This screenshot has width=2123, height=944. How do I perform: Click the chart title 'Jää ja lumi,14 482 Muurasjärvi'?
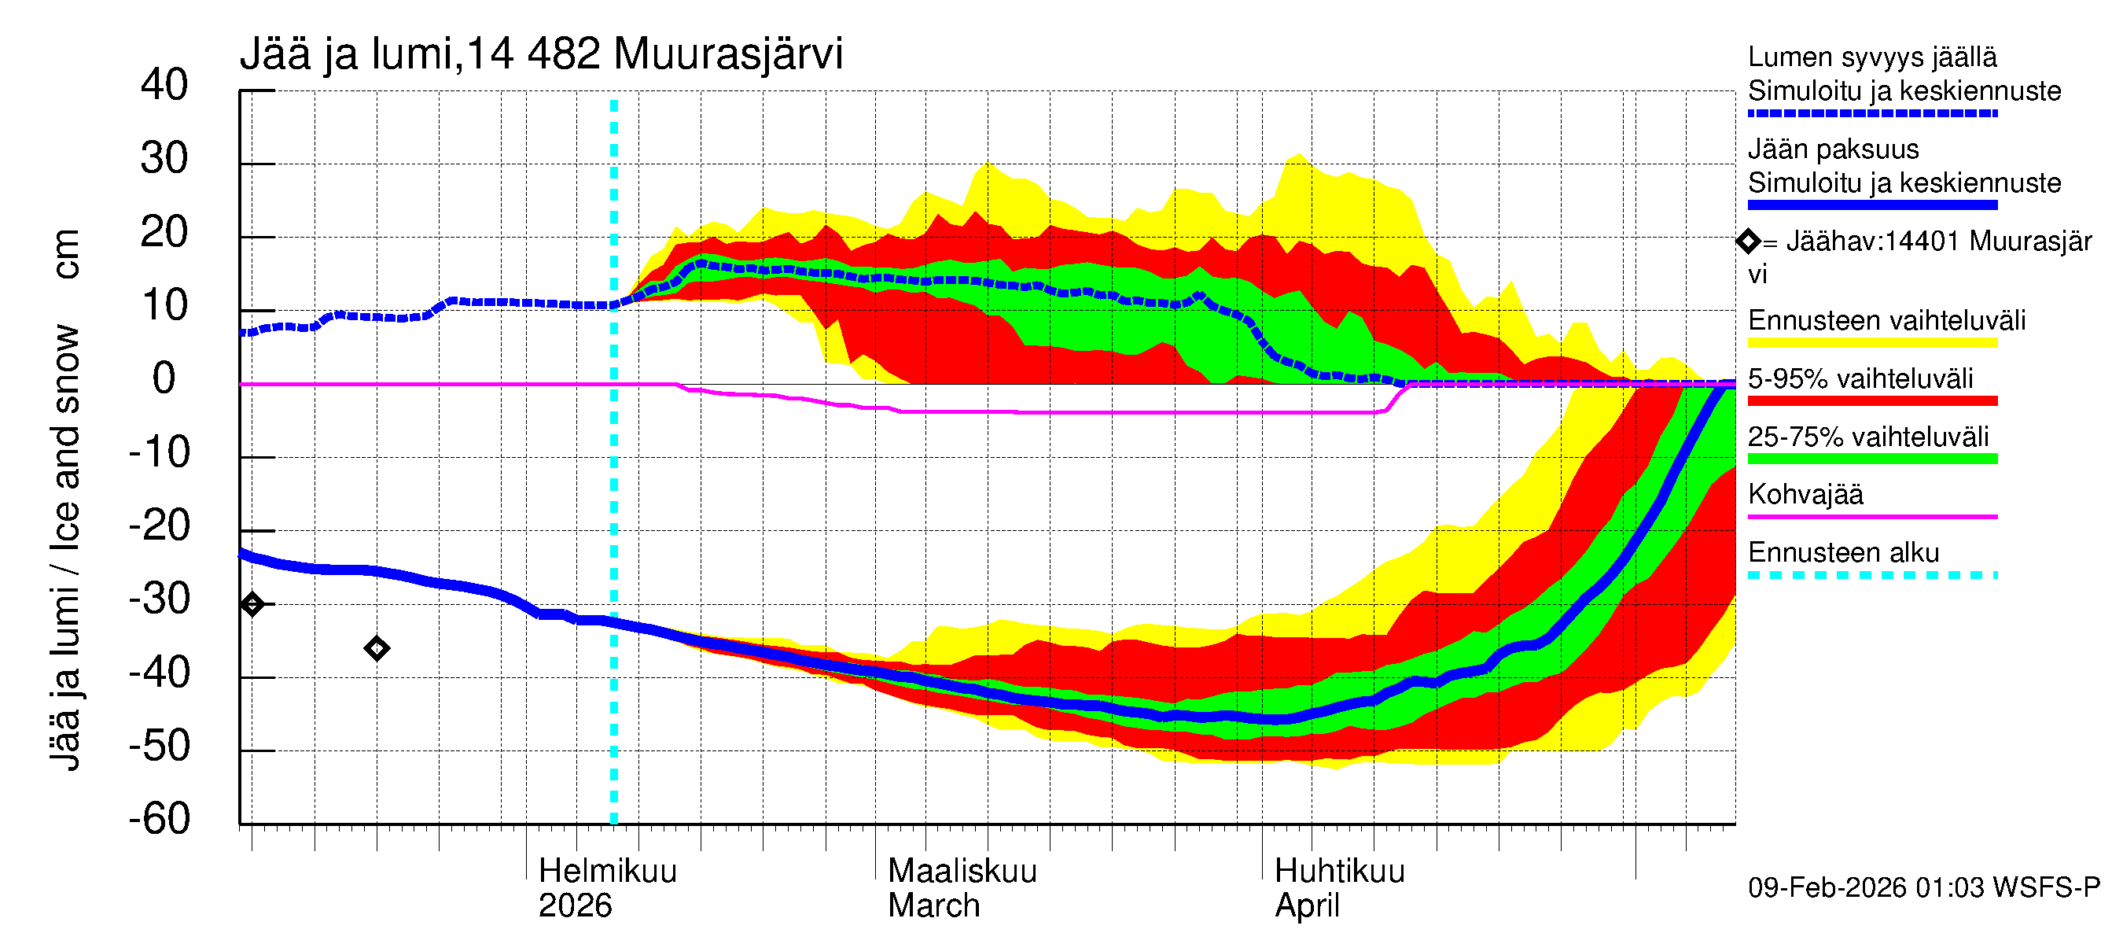(541, 54)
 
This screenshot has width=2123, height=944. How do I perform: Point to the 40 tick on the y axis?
(164, 85)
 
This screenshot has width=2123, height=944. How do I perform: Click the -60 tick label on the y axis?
(159, 819)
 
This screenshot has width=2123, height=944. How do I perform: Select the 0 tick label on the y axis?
(164, 378)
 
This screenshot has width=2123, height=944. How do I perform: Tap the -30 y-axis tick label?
(159, 599)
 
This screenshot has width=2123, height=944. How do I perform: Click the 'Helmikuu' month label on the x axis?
(607, 872)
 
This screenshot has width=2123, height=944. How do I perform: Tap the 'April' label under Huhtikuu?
(1306, 906)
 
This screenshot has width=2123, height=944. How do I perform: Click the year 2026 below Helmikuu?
(575, 906)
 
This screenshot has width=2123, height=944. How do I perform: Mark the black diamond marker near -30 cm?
(252, 604)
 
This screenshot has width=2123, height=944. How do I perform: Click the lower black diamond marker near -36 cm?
(377, 649)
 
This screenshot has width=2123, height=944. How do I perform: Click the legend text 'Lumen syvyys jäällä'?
(1871, 57)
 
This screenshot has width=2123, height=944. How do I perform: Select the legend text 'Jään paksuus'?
(1833, 149)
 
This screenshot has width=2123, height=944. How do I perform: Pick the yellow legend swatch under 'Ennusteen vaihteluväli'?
(1871, 343)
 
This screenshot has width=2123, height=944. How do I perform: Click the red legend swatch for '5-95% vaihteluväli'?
(1871, 400)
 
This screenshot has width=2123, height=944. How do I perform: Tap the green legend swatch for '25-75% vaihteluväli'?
(1871, 459)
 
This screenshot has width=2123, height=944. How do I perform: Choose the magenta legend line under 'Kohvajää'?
(1871, 517)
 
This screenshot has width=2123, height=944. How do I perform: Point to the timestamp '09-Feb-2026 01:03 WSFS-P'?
(1923, 888)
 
